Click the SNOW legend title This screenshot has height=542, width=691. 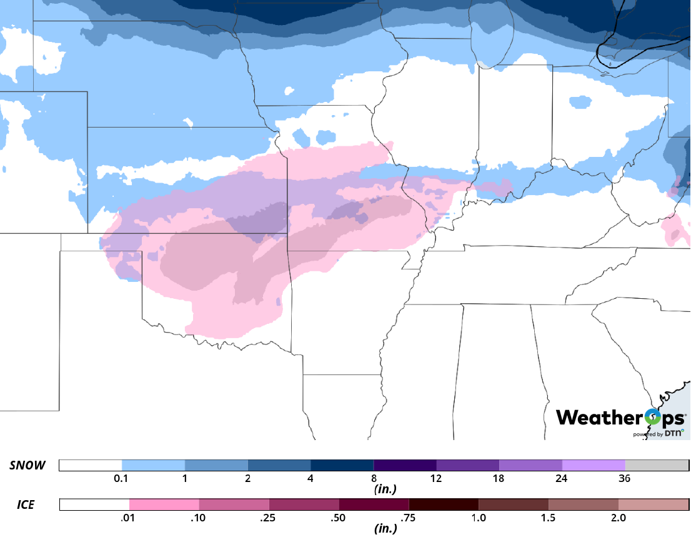coord(27,466)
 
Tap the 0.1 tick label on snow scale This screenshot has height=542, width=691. coord(122,479)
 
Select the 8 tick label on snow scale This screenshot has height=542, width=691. coord(374,479)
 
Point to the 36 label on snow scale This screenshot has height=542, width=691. coord(625,479)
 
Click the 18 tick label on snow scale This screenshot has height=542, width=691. coord(499,479)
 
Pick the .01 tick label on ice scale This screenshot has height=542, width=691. coord(129,518)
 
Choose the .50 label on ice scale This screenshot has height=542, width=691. coord(339,518)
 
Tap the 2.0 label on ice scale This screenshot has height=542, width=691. coord(618,518)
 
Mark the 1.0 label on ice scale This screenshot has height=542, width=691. coord(479,518)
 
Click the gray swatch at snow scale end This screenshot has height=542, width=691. coord(656,466)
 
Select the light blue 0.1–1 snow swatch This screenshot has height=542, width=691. coord(153,466)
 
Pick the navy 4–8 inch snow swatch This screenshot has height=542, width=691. coord(342,466)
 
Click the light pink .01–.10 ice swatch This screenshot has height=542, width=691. coord(164,504)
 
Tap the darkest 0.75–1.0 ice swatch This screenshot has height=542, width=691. coord(444,504)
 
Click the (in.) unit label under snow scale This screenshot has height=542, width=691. coord(384,489)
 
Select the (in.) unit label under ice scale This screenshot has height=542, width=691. coord(384,529)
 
